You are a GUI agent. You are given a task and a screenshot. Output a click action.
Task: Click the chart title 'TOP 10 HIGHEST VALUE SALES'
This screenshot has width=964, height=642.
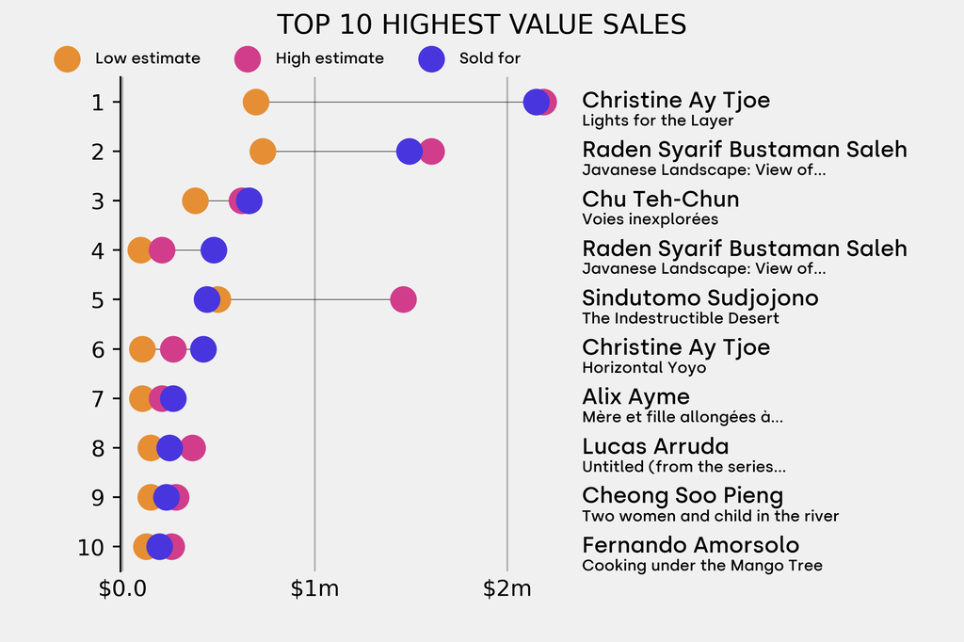(481, 24)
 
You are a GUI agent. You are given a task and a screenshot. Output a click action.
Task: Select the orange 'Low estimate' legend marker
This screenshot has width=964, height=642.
(67, 58)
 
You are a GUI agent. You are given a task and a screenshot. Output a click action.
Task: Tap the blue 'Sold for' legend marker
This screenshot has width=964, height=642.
(431, 58)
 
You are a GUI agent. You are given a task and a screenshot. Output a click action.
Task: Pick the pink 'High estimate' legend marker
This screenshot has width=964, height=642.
(248, 58)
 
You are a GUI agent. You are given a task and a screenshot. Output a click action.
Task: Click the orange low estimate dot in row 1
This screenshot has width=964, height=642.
(255, 102)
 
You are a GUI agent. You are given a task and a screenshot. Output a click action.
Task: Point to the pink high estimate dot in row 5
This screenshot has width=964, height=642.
(403, 299)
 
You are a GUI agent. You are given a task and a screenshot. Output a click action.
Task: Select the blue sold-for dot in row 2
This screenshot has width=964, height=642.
(409, 151)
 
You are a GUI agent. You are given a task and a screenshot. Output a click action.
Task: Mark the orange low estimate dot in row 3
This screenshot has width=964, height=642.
(194, 201)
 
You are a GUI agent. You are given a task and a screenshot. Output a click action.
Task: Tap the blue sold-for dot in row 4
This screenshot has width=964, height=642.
(214, 250)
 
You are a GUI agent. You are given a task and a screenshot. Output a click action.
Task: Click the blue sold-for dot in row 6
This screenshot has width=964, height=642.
(203, 349)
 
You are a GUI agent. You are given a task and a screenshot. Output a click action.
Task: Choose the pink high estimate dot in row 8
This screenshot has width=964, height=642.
(193, 448)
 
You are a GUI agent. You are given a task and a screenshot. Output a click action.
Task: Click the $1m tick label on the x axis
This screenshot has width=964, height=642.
(314, 590)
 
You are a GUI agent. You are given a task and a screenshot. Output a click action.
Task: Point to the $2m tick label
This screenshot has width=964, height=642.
(507, 590)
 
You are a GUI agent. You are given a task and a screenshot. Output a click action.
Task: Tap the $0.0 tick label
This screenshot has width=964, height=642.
(122, 590)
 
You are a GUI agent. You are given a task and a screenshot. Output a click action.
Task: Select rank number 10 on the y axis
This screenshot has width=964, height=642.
(99, 547)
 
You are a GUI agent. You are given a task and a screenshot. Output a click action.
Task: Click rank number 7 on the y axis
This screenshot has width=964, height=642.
(99, 398)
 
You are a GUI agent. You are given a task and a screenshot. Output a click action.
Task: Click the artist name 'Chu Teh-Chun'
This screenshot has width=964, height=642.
(660, 200)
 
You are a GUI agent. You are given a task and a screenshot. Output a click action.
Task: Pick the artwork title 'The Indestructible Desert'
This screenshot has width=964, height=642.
(681, 318)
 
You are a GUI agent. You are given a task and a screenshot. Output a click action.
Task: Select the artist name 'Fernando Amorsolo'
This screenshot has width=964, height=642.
(690, 545)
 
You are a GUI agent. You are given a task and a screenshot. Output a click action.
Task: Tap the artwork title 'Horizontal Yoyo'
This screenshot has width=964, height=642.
(644, 368)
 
